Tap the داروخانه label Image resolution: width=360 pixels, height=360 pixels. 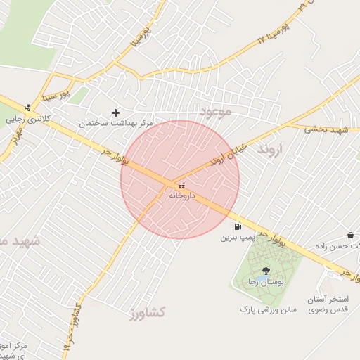pos(181,196)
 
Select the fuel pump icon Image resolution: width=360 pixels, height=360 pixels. pos(238,227)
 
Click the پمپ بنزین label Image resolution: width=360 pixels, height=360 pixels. pos(237,238)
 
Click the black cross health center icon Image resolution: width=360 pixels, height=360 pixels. pos(116,112)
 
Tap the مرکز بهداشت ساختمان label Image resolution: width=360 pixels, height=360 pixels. pos(116,123)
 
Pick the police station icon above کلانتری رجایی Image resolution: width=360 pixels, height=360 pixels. pos(27,108)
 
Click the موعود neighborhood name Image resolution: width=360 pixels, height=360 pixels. pos(214,112)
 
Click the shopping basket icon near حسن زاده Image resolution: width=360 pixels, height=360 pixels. pos(350,235)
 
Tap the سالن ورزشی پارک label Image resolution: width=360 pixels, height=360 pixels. pos(268,309)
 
